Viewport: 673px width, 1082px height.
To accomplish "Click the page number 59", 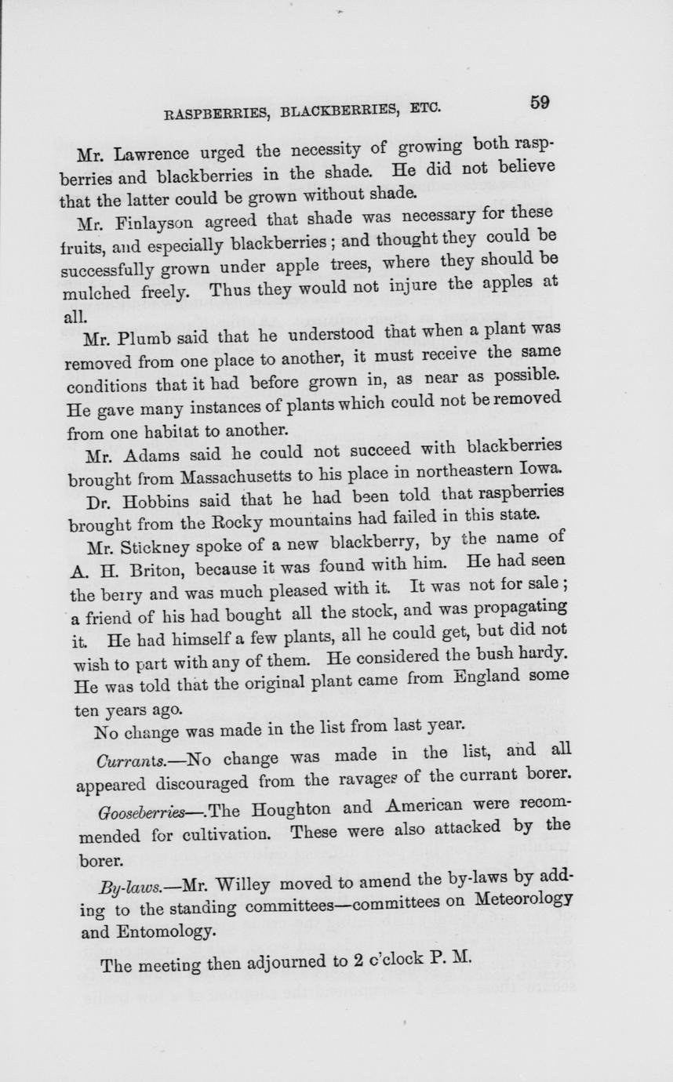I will point(539,103).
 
